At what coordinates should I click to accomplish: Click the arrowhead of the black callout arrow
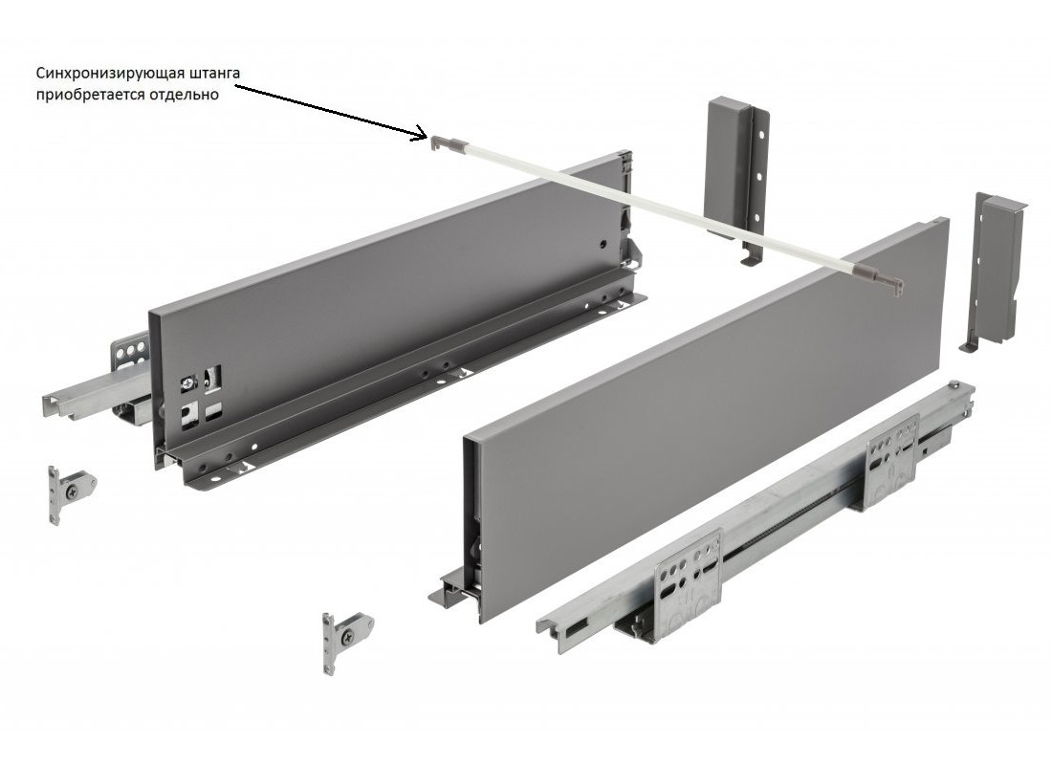click(423, 134)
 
